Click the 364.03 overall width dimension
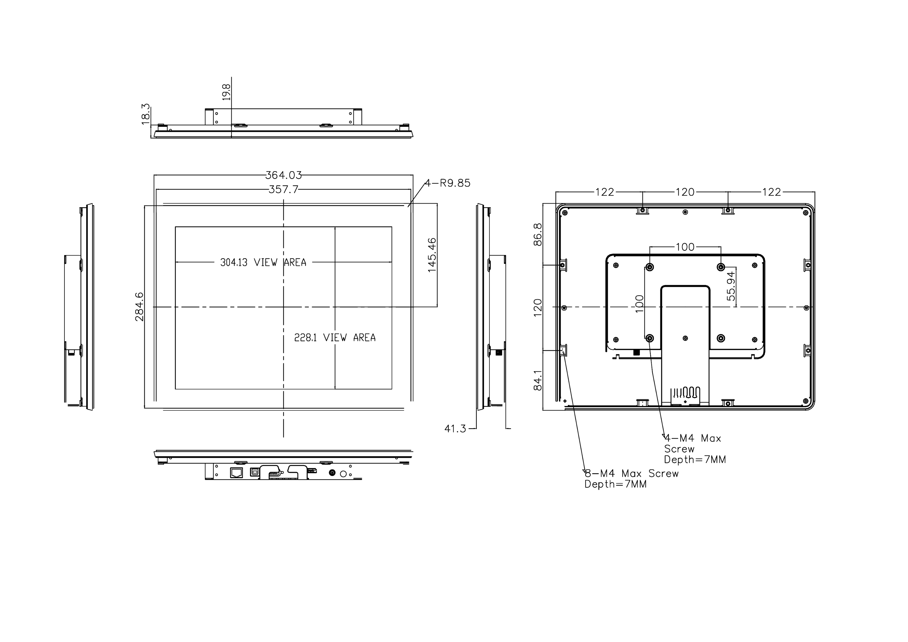click(x=284, y=175)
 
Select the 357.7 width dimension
click(x=284, y=190)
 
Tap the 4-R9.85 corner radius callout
click(x=448, y=183)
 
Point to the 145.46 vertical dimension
click(x=432, y=255)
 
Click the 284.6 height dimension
click(x=140, y=307)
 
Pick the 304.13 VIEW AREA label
click(x=263, y=263)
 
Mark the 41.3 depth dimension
click(x=456, y=428)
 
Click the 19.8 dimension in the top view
click(x=226, y=92)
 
